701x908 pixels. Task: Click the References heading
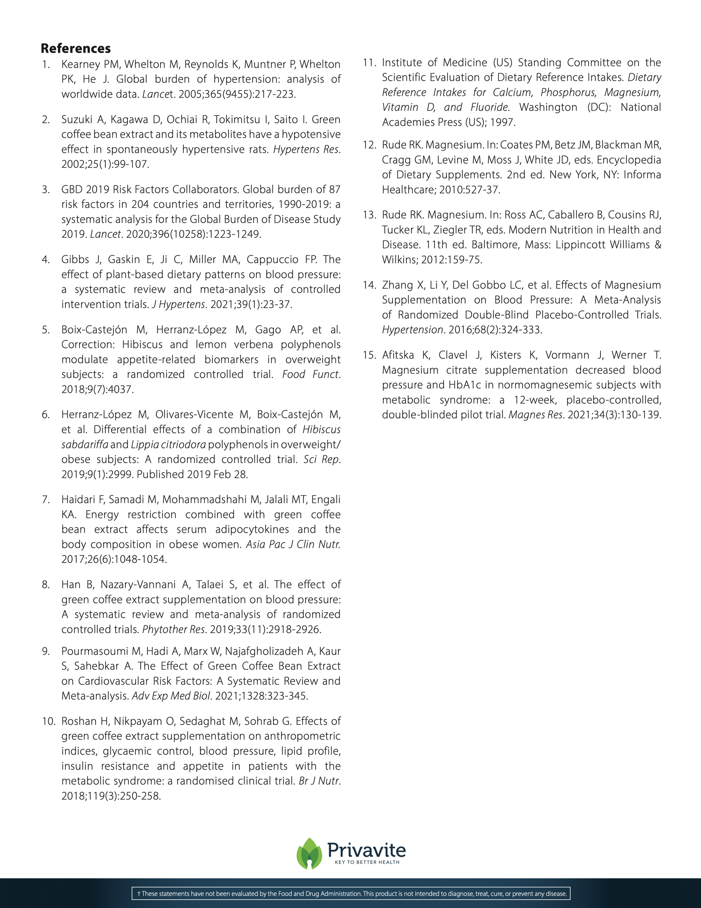click(x=76, y=49)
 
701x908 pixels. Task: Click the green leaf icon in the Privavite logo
click(x=309, y=853)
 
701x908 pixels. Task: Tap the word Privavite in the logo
click(x=366, y=849)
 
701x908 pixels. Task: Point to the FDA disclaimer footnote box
click(x=351, y=894)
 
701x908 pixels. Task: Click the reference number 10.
click(x=49, y=721)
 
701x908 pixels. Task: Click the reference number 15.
click(x=369, y=355)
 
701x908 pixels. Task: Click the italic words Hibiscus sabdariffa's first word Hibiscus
click(x=321, y=429)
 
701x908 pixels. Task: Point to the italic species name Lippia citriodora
click(x=168, y=444)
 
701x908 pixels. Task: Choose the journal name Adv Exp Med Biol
click(x=171, y=696)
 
